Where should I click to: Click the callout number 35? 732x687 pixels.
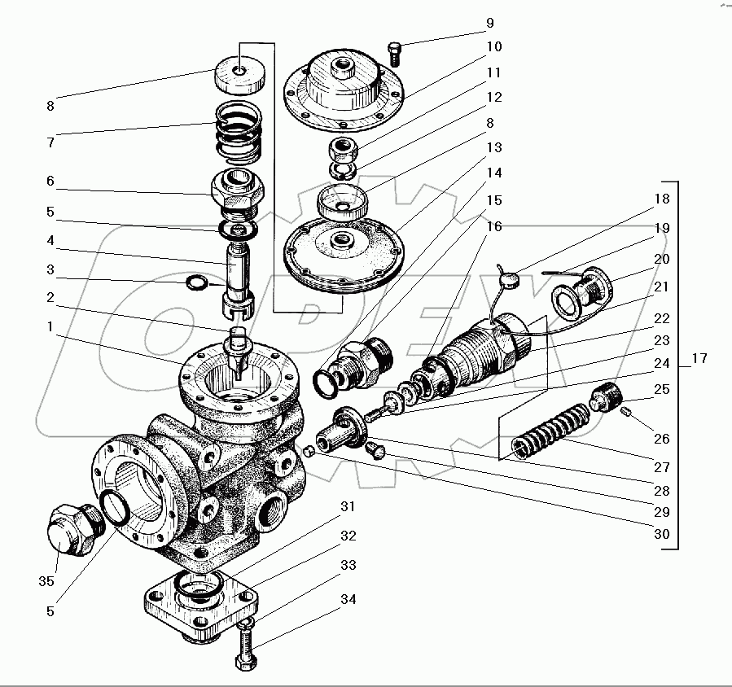click(46, 581)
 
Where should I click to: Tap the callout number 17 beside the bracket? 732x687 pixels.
click(699, 358)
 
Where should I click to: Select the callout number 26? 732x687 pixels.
click(660, 439)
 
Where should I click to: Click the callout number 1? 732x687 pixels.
click(50, 326)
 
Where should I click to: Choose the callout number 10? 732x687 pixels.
click(494, 46)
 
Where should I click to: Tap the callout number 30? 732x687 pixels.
click(660, 535)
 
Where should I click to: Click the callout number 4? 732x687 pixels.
click(50, 241)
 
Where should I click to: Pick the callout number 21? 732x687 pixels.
click(661, 287)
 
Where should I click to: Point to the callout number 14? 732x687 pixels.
click(494, 173)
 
